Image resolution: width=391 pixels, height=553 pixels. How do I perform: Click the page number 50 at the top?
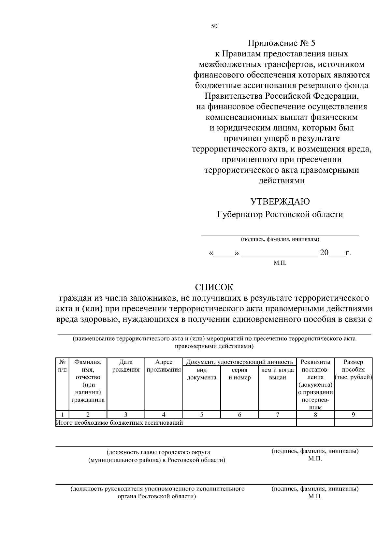pyautogui.click(x=214, y=26)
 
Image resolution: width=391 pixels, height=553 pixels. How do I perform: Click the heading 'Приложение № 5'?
pyautogui.click(x=282, y=43)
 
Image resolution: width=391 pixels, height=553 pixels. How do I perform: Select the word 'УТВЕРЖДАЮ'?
pyautogui.click(x=280, y=202)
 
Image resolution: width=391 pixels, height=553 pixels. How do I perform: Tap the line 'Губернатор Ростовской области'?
pyautogui.click(x=280, y=215)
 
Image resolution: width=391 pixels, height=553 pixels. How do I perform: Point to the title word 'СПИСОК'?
pyautogui.click(x=214, y=287)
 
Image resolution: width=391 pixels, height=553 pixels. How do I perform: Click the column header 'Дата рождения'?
pyautogui.click(x=126, y=366)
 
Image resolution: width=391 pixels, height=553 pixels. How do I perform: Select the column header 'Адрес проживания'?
pyautogui.click(x=164, y=366)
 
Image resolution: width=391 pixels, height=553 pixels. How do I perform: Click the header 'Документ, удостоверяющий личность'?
pyautogui.click(x=239, y=362)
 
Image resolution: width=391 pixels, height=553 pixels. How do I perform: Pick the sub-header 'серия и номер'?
pyautogui.click(x=239, y=374)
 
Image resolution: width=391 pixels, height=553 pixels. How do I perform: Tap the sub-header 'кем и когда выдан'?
pyautogui.click(x=278, y=374)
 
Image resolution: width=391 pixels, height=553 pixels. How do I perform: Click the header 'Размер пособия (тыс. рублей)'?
pyautogui.click(x=353, y=370)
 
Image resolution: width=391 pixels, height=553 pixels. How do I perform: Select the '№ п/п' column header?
pyautogui.click(x=63, y=366)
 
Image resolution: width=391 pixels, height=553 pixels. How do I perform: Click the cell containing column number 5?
pyautogui.click(x=202, y=415)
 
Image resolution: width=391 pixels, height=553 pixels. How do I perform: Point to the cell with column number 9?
pyautogui.click(x=353, y=415)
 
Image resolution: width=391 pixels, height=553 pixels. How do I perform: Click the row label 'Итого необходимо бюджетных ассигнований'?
pyautogui.click(x=120, y=423)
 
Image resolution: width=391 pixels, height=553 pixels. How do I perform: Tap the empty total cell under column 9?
pyautogui.click(x=353, y=422)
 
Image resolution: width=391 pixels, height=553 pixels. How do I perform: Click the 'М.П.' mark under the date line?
pyautogui.click(x=280, y=262)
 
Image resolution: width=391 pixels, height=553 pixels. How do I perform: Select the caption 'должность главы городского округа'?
pyautogui.click(x=158, y=452)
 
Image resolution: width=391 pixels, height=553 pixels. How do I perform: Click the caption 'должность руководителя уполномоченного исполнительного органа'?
pyautogui.click(x=158, y=489)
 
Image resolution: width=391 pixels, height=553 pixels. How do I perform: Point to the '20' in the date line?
pyautogui.click(x=324, y=253)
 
